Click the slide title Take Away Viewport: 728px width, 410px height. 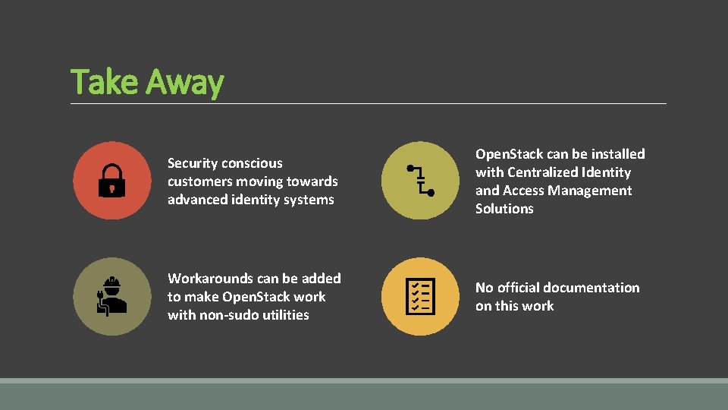click(147, 82)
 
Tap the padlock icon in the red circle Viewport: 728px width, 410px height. click(111, 180)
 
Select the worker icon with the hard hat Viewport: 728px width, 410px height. click(111, 295)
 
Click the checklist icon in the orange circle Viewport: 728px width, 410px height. click(419, 296)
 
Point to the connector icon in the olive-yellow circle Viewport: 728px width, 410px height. click(419, 180)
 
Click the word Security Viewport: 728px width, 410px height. click(193, 163)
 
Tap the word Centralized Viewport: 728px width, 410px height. click(544, 172)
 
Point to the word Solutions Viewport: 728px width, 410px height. click(504, 209)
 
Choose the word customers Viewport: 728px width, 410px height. click(200, 181)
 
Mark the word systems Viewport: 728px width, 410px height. click(309, 200)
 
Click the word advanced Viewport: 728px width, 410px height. click(198, 200)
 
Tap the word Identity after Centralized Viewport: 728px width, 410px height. click(607, 172)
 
